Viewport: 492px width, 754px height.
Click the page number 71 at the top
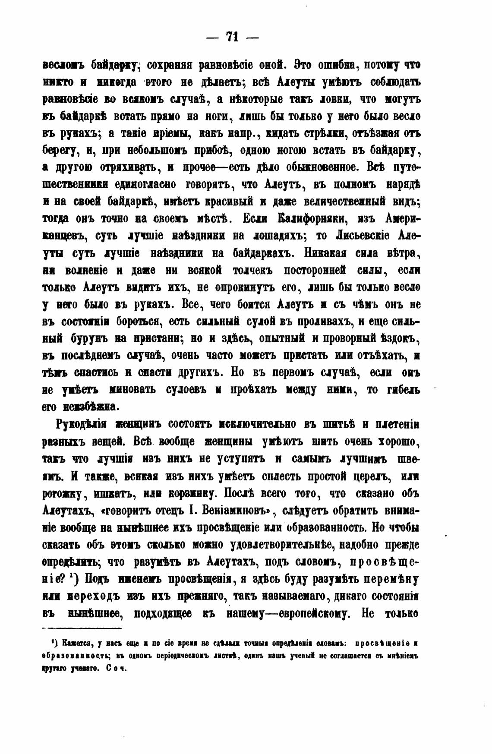click(233, 37)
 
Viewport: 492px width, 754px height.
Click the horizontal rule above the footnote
click(82, 629)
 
